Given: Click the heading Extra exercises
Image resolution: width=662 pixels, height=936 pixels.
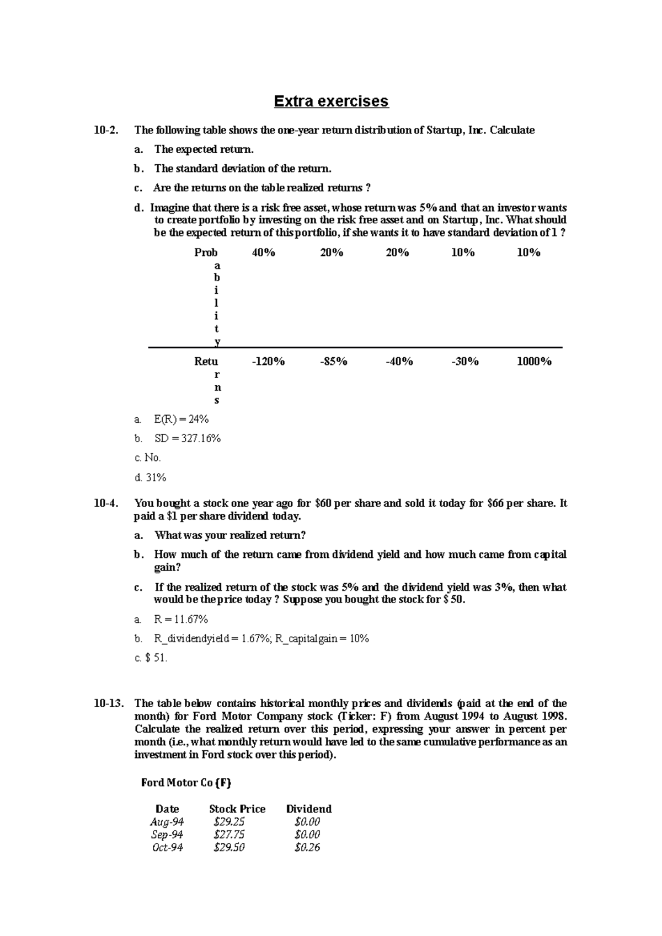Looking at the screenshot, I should point(331,101).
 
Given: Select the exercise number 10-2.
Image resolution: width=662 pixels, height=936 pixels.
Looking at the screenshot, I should point(105,131).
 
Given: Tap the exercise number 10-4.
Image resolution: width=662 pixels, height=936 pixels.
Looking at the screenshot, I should point(105,503).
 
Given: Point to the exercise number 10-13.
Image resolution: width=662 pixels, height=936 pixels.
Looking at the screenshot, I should point(108,703).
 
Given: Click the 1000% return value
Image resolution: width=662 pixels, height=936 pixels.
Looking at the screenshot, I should point(533,362).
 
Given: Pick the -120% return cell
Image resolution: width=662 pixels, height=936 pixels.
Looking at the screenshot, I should point(268,362).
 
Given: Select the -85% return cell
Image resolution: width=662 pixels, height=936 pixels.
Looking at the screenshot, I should point(333,362).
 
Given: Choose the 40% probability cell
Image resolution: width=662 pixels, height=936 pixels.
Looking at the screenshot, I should point(264,252).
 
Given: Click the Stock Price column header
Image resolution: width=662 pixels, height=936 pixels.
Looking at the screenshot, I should point(237,809).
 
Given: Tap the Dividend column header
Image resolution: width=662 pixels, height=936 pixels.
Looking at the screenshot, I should point(309,809).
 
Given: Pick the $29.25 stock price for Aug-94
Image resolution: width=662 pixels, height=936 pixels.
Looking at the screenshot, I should point(229,822).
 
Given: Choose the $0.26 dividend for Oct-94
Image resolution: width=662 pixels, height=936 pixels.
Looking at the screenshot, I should point(307,847).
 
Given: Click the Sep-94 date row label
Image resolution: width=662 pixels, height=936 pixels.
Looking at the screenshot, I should point(167,835).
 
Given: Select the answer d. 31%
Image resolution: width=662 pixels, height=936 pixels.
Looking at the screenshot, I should point(151,477).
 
